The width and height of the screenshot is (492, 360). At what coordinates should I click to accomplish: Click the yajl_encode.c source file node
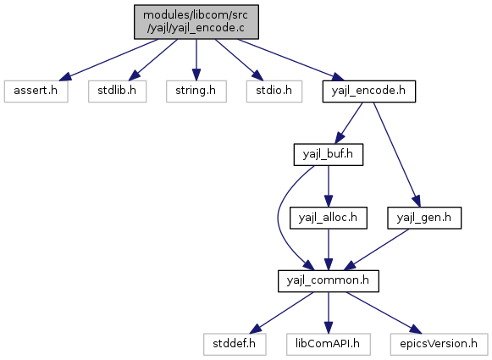pyautogui.click(x=196, y=22)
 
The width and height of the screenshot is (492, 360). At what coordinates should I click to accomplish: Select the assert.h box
pyautogui.click(x=36, y=91)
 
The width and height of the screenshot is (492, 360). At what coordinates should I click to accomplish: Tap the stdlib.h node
pyautogui.click(x=118, y=91)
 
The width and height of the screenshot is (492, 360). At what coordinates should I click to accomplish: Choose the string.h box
pyautogui.click(x=196, y=91)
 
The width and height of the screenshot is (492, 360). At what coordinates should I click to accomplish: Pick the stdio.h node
pyautogui.click(x=274, y=91)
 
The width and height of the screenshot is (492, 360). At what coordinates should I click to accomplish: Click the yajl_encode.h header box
pyautogui.click(x=369, y=91)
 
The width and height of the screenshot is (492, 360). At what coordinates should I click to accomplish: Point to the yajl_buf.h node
pyautogui.click(x=329, y=155)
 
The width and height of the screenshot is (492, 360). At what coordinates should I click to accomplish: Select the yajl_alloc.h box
pyautogui.click(x=329, y=218)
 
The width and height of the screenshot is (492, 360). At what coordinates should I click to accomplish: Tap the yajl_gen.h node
pyautogui.click(x=424, y=218)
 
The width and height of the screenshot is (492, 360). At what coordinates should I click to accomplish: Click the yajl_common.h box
pyautogui.click(x=329, y=281)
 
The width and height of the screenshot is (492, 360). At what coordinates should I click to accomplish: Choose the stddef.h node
pyautogui.click(x=235, y=344)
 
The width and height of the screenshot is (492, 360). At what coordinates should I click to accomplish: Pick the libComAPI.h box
pyautogui.click(x=329, y=344)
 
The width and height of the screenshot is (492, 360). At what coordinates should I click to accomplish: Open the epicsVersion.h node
pyautogui.click(x=439, y=344)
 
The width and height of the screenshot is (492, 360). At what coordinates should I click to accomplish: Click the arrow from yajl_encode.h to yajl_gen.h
pyautogui.click(x=396, y=154)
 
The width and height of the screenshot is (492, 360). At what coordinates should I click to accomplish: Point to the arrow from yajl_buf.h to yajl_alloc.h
pyautogui.click(x=329, y=186)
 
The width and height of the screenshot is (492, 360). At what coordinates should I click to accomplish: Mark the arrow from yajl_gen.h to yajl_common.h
pyautogui.click(x=376, y=250)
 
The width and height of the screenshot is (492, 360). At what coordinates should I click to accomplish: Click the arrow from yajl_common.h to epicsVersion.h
pyautogui.click(x=384, y=313)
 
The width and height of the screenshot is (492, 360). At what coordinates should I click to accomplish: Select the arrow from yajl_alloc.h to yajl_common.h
pyautogui.click(x=329, y=250)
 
